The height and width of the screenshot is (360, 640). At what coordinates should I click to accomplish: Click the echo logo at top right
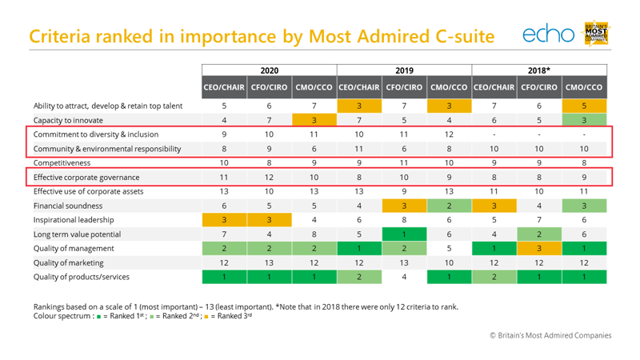tap(548, 34)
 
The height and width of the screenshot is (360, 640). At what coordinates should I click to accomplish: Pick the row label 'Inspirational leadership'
tap(74, 220)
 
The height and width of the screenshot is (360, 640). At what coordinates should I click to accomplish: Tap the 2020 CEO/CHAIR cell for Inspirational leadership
tap(224, 220)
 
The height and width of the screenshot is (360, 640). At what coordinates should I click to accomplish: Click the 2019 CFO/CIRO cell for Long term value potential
tap(404, 234)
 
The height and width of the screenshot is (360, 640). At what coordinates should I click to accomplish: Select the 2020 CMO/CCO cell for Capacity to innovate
tap(314, 120)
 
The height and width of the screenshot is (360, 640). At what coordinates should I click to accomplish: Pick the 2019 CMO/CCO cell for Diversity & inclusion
tap(449, 134)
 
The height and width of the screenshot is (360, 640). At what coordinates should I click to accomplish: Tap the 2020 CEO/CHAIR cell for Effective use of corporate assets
tap(224, 191)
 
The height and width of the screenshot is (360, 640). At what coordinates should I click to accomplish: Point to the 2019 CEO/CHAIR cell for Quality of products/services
tap(359, 278)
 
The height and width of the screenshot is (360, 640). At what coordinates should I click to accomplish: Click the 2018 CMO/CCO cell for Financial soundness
tap(584, 206)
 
